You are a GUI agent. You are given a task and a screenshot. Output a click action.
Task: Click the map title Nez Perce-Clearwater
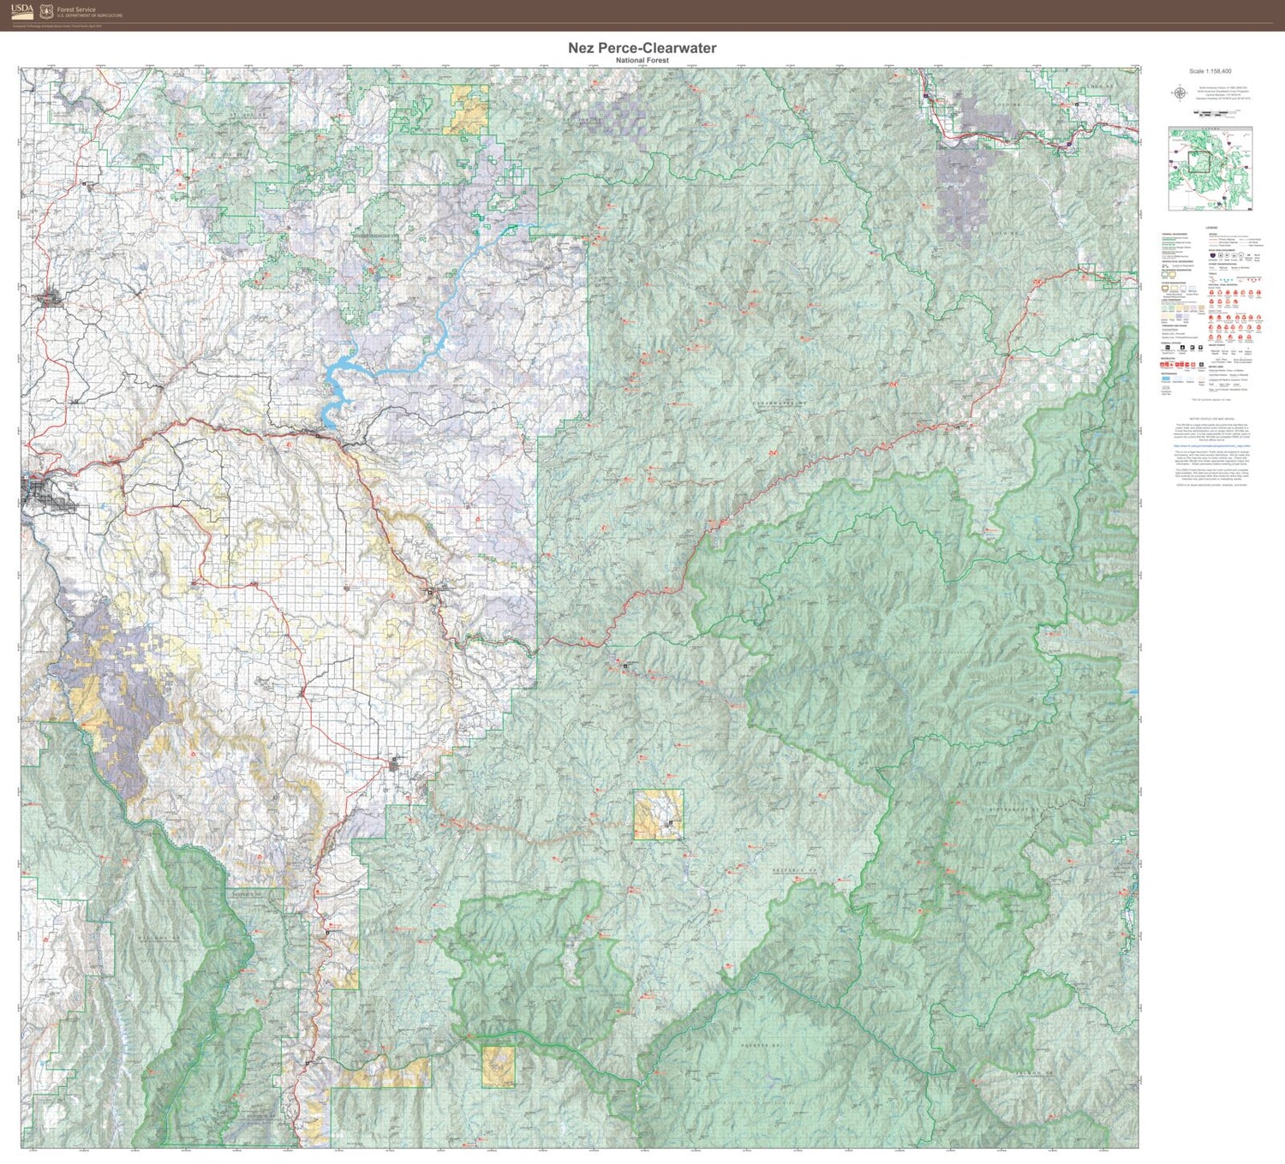pyautogui.click(x=642, y=48)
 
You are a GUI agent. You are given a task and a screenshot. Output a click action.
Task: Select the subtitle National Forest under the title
pyautogui.click(x=642, y=61)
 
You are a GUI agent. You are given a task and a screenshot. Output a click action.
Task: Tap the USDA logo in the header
pyautogui.click(x=23, y=10)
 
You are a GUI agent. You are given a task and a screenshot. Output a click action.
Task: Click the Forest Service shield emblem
pyautogui.click(x=46, y=11)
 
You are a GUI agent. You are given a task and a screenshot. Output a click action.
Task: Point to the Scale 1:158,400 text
pyautogui.click(x=1210, y=71)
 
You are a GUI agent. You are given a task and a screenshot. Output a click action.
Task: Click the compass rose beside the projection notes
pyautogui.click(x=1180, y=93)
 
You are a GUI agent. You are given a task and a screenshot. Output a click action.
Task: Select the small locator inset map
pyautogui.click(x=1210, y=169)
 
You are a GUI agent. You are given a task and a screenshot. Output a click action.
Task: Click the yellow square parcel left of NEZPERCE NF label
pyautogui.click(x=658, y=815)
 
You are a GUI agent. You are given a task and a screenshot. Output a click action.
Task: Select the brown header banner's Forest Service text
pyautogui.click(x=76, y=9)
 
